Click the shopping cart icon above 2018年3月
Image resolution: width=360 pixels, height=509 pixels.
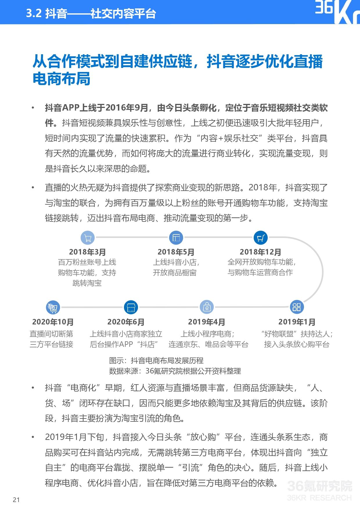pos(87,238)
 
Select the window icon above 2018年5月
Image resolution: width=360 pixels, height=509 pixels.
pos(176,238)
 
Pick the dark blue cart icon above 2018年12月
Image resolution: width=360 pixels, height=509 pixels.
pos(260,238)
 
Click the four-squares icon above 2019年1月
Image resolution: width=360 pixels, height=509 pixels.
pos(296,307)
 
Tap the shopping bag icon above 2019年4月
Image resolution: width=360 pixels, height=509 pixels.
pos(207,307)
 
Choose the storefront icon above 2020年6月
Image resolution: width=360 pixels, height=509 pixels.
pos(131,307)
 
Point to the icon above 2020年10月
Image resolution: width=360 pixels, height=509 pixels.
pos(53,307)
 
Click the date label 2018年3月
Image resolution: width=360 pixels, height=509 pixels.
pos(87,252)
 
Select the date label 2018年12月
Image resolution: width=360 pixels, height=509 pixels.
pos(260,252)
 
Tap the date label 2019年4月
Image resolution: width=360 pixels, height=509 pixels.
pos(207,322)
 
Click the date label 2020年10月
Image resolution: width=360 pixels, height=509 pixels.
pos(53,322)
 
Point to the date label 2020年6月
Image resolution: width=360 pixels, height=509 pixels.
pos(126,322)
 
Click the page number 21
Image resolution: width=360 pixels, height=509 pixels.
pos(16,499)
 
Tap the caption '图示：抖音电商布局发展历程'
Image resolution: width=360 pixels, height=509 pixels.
pos(156,360)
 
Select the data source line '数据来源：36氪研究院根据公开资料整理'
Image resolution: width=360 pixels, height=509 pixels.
pos(175,371)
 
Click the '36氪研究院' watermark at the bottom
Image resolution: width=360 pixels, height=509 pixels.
pos(319,486)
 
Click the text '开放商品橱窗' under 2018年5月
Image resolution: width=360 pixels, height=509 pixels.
pos(175,273)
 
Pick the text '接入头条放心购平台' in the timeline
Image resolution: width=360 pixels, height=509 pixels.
pos(297,344)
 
